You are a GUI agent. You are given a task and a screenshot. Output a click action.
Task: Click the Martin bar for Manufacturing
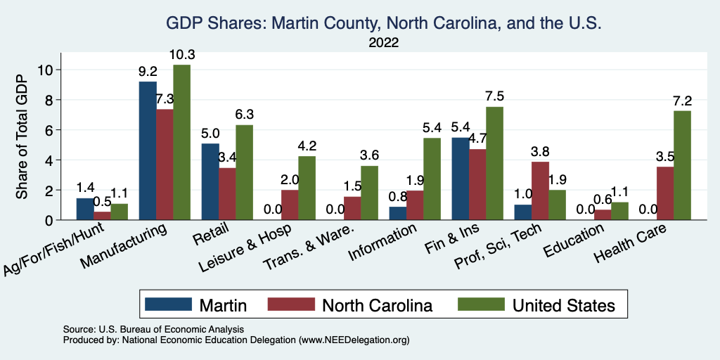(x=148, y=151)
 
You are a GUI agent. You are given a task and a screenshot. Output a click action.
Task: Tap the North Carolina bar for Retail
(x=227, y=194)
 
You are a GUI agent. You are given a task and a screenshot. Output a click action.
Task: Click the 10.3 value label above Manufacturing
(x=182, y=55)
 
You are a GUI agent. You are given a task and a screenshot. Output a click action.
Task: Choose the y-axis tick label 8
(x=49, y=101)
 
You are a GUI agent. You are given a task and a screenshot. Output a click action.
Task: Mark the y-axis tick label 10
(x=46, y=70)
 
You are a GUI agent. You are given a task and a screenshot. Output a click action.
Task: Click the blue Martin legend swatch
(x=168, y=304)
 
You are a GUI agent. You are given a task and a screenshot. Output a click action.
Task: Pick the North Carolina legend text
(x=377, y=304)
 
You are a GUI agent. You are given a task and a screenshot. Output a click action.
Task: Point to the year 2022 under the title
(x=383, y=43)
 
